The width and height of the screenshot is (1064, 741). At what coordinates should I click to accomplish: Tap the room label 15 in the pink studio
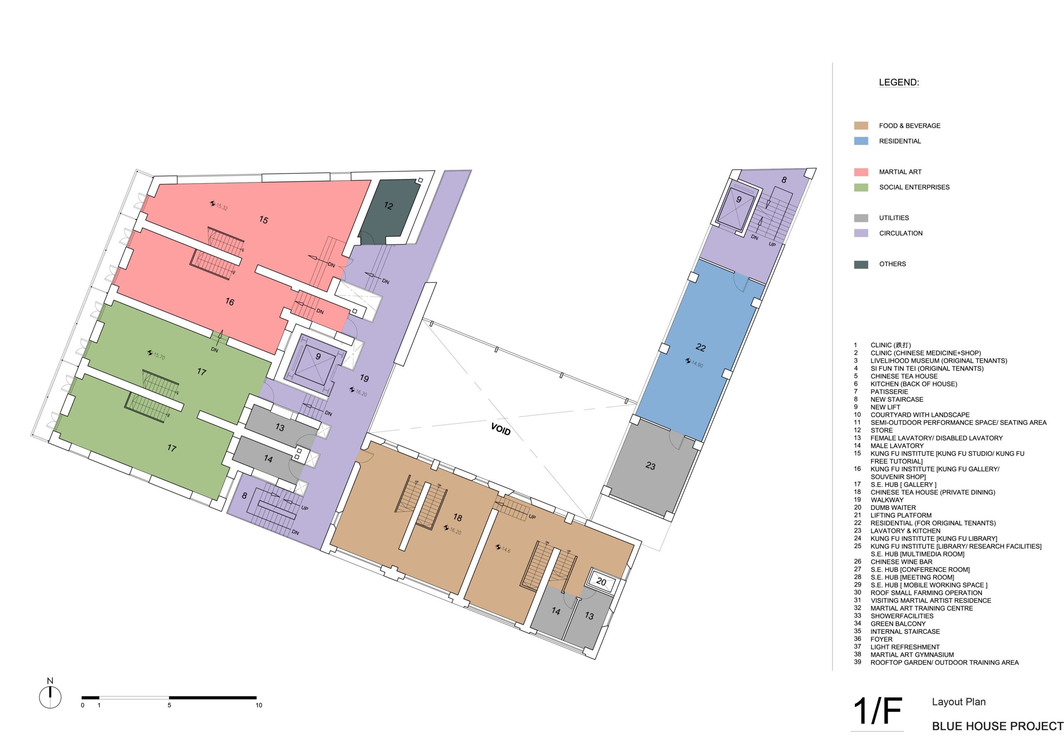[x=264, y=220]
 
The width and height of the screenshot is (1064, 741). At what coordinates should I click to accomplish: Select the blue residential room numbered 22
[x=700, y=350]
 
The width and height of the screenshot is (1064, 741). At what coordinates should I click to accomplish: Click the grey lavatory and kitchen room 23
[x=651, y=466]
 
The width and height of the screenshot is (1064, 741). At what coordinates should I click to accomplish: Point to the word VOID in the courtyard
[x=500, y=429]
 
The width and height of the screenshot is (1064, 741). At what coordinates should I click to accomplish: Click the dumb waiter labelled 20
[x=601, y=581]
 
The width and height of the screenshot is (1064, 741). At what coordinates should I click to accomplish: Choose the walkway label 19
[x=364, y=378]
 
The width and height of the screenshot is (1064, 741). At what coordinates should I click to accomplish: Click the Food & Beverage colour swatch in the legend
[x=861, y=126]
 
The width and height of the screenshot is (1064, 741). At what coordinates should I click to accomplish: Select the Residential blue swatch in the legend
[x=861, y=141]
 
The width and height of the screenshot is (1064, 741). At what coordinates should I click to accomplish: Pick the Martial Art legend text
[x=900, y=172]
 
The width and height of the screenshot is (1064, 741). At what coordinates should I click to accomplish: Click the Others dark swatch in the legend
[x=861, y=264]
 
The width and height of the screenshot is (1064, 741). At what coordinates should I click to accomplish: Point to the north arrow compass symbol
[x=50, y=697]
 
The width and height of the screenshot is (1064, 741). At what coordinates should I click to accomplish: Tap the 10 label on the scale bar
[x=259, y=705]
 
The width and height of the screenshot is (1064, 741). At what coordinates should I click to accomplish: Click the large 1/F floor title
[x=877, y=711]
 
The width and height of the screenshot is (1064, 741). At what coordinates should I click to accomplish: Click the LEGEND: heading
[x=899, y=82]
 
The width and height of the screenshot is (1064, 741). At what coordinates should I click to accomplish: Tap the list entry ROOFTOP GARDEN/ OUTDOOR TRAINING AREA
[x=944, y=663]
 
